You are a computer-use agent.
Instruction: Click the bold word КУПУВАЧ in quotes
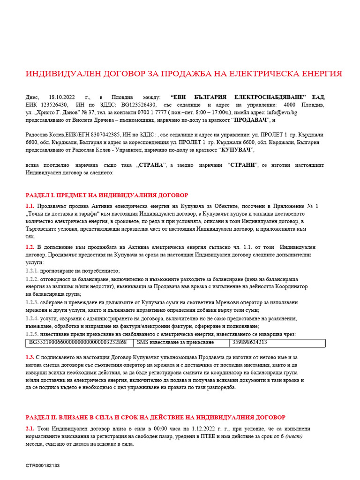[x=236, y=150]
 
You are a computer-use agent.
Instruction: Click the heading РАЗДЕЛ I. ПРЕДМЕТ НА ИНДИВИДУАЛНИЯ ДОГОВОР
[x=106, y=195]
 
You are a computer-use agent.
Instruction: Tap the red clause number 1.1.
[x=30, y=206]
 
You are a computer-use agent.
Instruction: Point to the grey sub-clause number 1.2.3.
[x=32, y=302]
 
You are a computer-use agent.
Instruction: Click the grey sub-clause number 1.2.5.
[x=32, y=334]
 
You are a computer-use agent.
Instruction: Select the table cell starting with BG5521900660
[x=78, y=342]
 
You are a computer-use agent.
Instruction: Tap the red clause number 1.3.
[x=30, y=357]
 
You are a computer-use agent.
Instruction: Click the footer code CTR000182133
[x=43, y=465]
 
